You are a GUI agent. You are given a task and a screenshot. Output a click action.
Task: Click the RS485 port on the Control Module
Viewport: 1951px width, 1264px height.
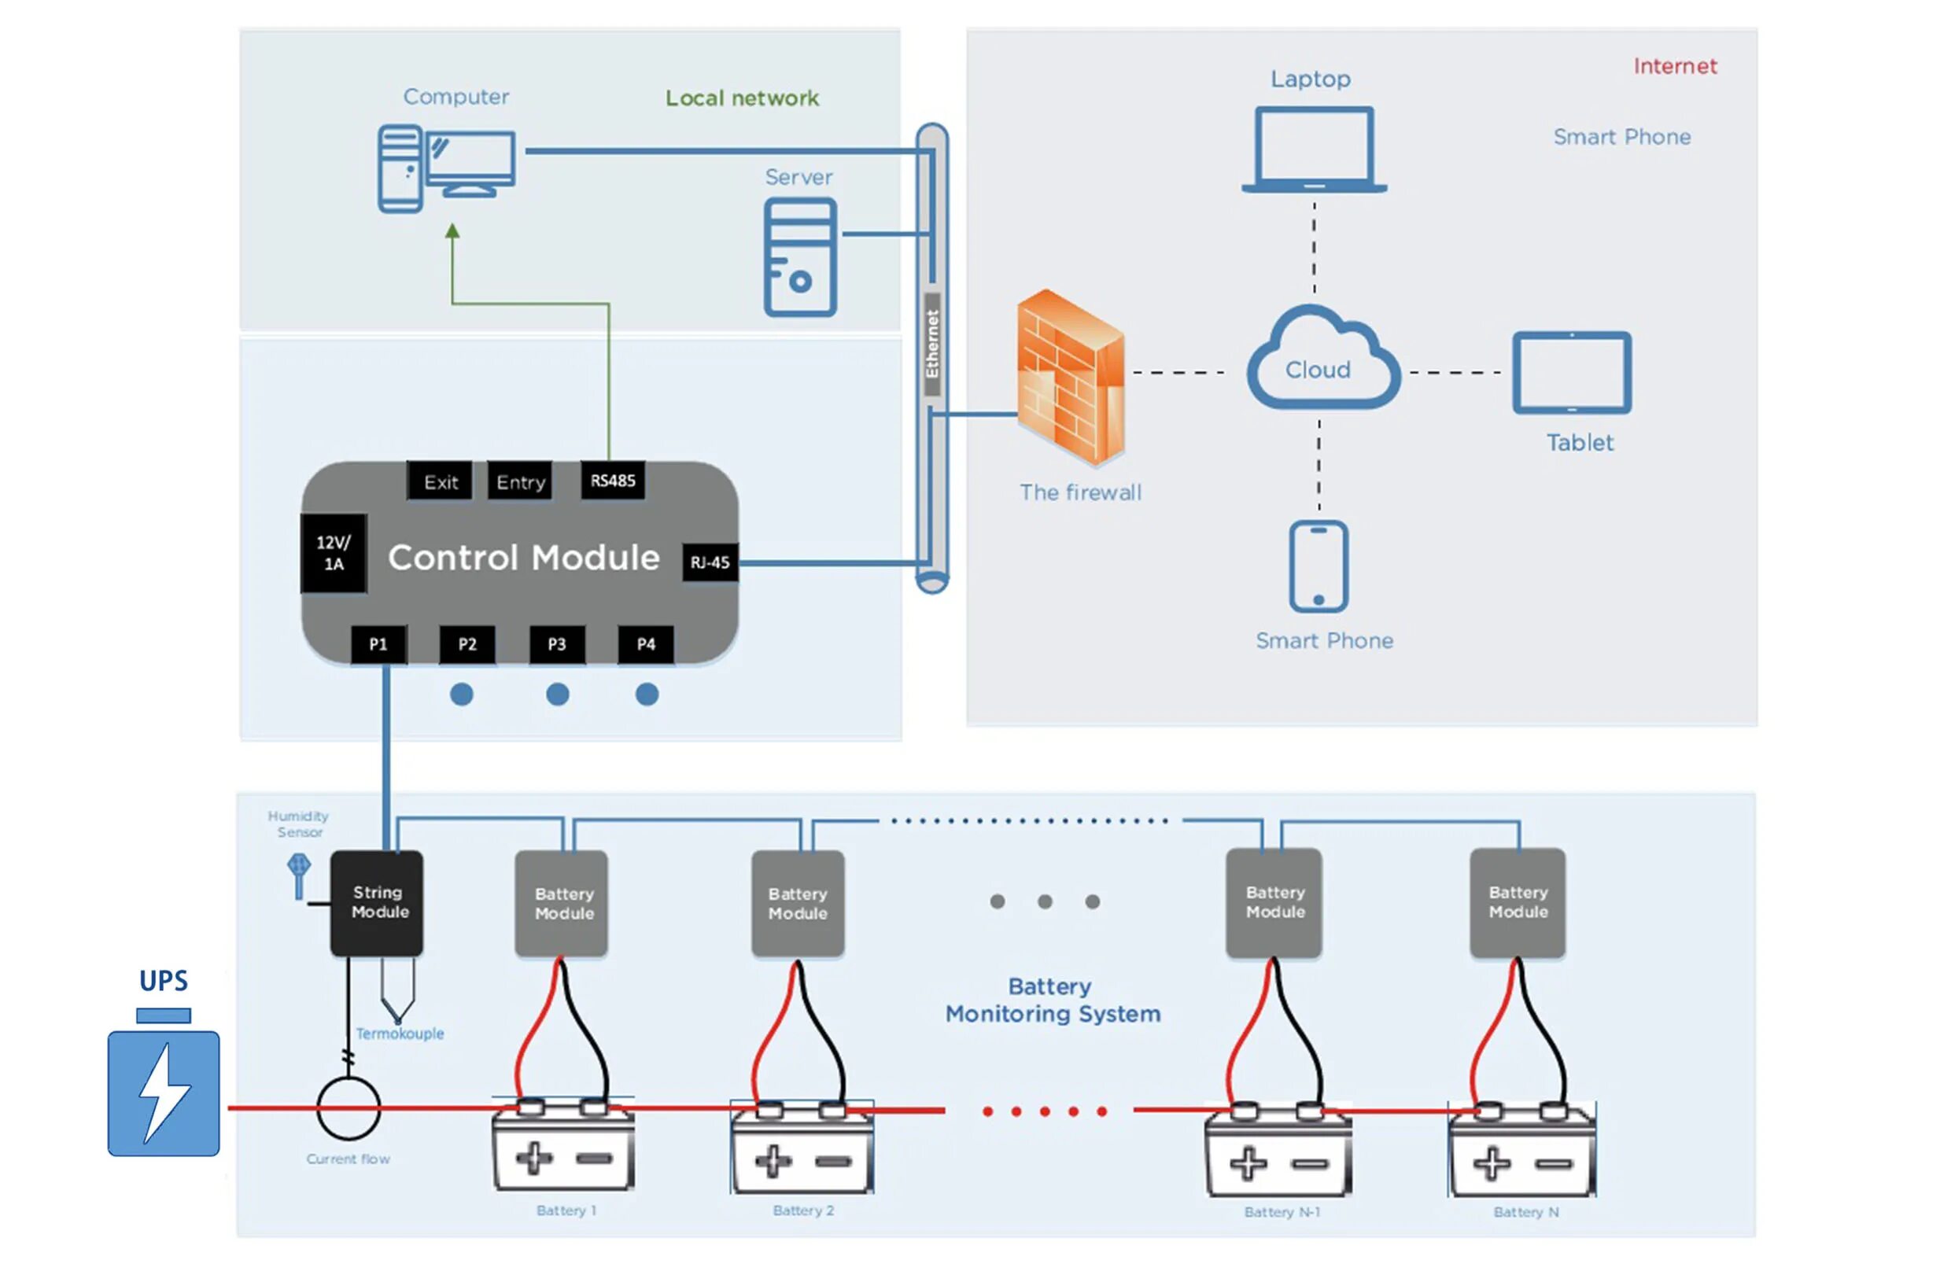pyautogui.click(x=612, y=481)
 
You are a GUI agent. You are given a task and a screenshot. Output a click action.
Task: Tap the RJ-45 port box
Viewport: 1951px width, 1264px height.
pyautogui.click(x=710, y=562)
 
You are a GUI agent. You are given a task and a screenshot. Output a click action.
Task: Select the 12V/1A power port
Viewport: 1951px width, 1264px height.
pyautogui.click(x=334, y=553)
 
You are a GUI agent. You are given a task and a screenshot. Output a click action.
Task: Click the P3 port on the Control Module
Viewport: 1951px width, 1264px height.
pyautogui.click(x=557, y=644)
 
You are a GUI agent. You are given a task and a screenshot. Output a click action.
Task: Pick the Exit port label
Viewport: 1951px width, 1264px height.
pyautogui.click(x=441, y=482)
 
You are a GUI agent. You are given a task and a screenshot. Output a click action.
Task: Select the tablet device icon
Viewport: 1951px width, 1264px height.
pyautogui.click(x=1572, y=372)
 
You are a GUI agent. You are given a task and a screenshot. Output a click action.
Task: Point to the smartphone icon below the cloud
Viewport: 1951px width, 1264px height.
pyautogui.click(x=1318, y=566)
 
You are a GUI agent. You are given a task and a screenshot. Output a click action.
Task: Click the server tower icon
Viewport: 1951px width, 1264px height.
pyautogui.click(x=800, y=257)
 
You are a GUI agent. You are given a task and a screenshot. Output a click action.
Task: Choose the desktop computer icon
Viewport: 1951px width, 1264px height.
pyautogui.click(x=447, y=168)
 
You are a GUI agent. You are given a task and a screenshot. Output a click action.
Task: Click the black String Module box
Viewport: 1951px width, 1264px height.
pyautogui.click(x=377, y=902)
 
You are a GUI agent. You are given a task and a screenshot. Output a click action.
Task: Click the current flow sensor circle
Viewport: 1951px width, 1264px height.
pyautogui.click(x=349, y=1107)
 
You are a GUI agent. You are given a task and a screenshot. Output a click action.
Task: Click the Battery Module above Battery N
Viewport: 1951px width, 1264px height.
pyautogui.click(x=1518, y=902)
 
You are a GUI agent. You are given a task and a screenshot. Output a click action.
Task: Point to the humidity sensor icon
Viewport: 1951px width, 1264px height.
pyautogui.click(x=298, y=874)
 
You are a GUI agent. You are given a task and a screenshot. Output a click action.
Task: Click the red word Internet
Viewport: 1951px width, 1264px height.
pyautogui.click(x=1675, y=66)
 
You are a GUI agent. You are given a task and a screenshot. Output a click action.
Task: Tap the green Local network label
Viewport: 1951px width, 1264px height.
pyautogui.click(x=742, y=98)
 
